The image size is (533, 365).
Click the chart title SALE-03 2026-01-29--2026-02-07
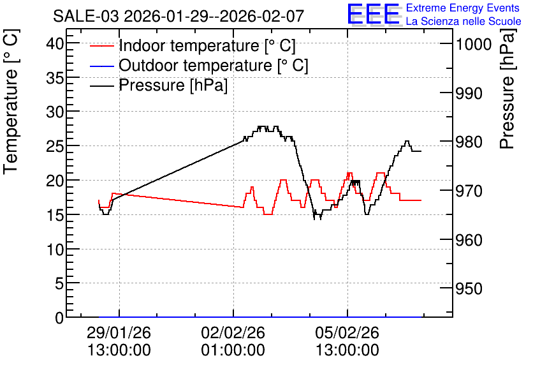[x=178, y=16]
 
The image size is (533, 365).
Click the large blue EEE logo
[x=373, y=14]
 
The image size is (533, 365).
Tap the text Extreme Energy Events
[x=463, y=8]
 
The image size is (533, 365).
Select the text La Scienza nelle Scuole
[x=464, y=21]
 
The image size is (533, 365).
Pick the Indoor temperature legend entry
[x=193, y=45]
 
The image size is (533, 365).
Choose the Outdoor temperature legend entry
[x=199, y=65]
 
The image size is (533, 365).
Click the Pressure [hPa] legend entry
[x=159, y=85]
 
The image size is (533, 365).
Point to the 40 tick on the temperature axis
[x=55, y=43]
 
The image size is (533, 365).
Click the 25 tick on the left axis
[x=55, y=147]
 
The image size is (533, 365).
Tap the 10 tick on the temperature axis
[x=55, y=250]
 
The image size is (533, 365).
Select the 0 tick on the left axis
[x=59, y=318]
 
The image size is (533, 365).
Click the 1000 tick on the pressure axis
[x=474, y=44]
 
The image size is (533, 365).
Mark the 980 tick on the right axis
[x=469, y=142]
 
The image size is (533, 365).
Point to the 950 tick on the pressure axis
[x=469, y=289]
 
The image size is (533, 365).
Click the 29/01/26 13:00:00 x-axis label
[x=119, y=341]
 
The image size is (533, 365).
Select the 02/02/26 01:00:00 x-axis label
[x=233, y=341]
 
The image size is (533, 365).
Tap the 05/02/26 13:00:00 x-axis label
[x=347, y=341]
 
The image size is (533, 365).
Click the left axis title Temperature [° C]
[x=11, y=101]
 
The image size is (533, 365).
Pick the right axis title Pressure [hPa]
[x=507, y=89]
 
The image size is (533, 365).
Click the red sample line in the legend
[x=101, y=46]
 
